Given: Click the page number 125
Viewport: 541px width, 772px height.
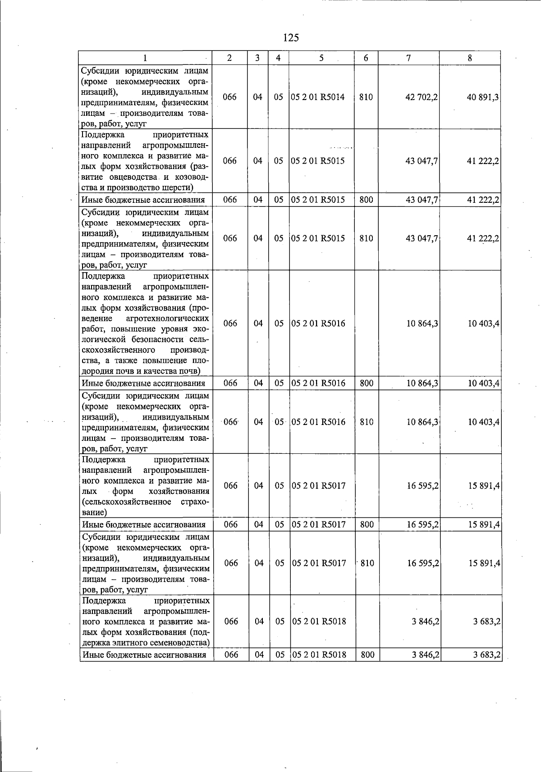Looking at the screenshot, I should [291, 38].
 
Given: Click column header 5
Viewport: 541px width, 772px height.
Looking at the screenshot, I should [321, 58].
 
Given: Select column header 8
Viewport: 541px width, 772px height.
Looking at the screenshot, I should [470, 58].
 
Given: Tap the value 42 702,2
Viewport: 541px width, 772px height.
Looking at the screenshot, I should [422, 97].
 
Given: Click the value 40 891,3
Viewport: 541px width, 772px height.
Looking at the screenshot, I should [483, 97].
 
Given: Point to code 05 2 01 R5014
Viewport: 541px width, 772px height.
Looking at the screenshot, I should [318, 97].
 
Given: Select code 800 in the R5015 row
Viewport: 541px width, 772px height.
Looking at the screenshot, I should [366, 200].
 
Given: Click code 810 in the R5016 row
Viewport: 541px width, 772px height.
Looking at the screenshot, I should [367, 422].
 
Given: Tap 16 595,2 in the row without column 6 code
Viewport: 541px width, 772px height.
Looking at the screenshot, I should [423, 486].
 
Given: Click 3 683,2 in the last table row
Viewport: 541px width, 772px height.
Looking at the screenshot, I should [487, 655].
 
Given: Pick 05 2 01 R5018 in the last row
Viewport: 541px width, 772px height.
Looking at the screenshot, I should [319, 655].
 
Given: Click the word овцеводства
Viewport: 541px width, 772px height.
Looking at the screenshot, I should [131, 177].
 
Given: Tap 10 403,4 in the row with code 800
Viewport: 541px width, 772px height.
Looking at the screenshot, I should [483, 384].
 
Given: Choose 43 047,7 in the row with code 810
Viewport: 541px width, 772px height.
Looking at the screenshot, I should [422, 238].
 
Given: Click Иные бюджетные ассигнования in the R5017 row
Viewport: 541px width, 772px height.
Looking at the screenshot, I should [144, 525].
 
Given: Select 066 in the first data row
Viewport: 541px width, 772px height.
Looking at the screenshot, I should [229, 97].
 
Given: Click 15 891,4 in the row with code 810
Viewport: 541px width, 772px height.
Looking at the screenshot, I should [484, 563].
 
